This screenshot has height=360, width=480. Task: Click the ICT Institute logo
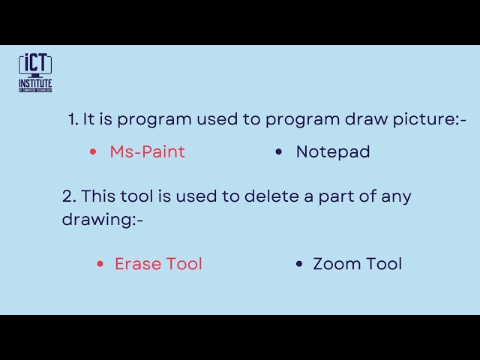click(35, 73)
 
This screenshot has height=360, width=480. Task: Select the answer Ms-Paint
click(147, 151)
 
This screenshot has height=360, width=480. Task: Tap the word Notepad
click(333, 151)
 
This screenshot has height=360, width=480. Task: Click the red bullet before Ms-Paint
click(93, 151)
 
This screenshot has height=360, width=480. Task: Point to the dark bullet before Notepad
click(278, 151)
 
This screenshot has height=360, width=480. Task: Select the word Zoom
click(336, 264)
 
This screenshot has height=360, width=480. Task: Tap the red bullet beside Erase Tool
click(100, 264)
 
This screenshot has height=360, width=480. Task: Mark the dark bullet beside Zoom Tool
click(299, 264)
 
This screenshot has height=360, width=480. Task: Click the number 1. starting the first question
click(73, 119)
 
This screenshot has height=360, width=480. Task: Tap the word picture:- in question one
click(430, 120)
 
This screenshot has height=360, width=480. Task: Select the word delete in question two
click(271, 196)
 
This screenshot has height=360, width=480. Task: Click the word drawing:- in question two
click(103, 220)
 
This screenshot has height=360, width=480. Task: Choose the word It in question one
click(88, 119)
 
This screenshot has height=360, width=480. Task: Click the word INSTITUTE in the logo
click(35, 83)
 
